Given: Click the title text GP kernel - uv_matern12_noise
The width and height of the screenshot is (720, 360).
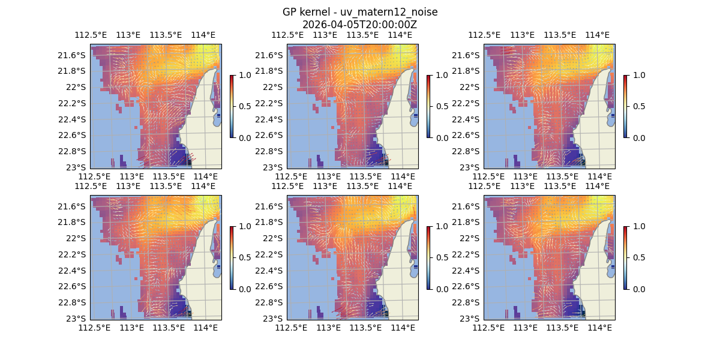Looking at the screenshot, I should tap(360, 12).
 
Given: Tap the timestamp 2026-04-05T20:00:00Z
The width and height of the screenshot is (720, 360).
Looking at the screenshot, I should tap(360, 25).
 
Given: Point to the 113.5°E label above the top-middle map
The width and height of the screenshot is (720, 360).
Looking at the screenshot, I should tap(362, 35).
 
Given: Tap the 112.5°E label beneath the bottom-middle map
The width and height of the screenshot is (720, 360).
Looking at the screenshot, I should tap(291, 328).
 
